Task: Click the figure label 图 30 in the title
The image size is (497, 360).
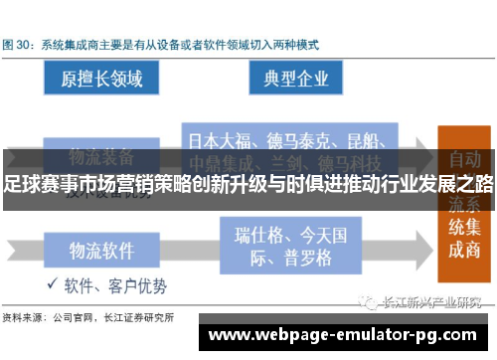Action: coord(20,45)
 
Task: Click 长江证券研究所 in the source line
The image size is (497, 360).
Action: coord(145,318)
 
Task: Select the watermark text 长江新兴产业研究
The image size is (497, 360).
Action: coord(434,302)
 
